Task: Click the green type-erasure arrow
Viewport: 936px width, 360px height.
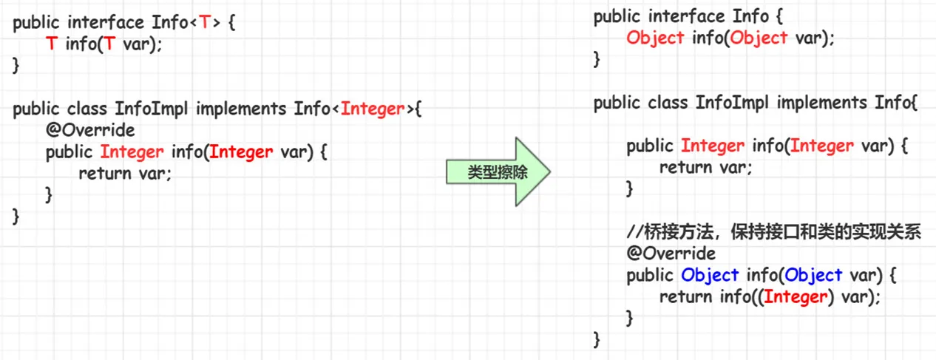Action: pyautogui.click(x=498, y=171)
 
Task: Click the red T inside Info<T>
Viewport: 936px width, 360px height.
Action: pyautogui.click(x=205, y=22)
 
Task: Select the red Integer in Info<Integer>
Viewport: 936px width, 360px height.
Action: pyautogui.click(x=373, y=109)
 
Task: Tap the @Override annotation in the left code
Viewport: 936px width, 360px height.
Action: pyautogui.click(x=90, y=130)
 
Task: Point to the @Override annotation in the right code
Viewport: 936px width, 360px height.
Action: pyautogui.click(x=671, y=254)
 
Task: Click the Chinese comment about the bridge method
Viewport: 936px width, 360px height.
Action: pyautogui.click(x=774, y=232)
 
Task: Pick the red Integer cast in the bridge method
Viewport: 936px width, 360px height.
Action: pyautogui.click(x=796, y=297)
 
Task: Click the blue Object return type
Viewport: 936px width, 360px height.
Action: pyautogui.click(x=710, y=275)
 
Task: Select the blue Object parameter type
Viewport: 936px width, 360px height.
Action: pyautogui.click(x=813, y=275)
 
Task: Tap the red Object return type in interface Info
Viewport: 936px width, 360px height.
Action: pyautogui.click(x=655, y=38)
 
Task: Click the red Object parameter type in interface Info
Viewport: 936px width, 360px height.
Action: pyautogui.click(x=759, y=38)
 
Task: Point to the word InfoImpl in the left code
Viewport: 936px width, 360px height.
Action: pyautogui.click(x=152, y=109)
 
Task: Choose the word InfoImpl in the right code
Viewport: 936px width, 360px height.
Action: pyautogui.click(x=732, y=103)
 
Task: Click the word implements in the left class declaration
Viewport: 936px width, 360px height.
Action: pyautogui.click(x=241, y=109)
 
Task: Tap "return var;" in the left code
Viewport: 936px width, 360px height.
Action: pyautogui.click(x=125, y=173)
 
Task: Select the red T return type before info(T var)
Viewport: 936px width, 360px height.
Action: pyautogui.click(x=52, y=44)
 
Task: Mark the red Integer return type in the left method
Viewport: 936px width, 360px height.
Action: pyautogui.click(x=132, y=152)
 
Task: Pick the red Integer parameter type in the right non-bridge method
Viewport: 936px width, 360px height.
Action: pyautogui.click(x=822, y=146)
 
